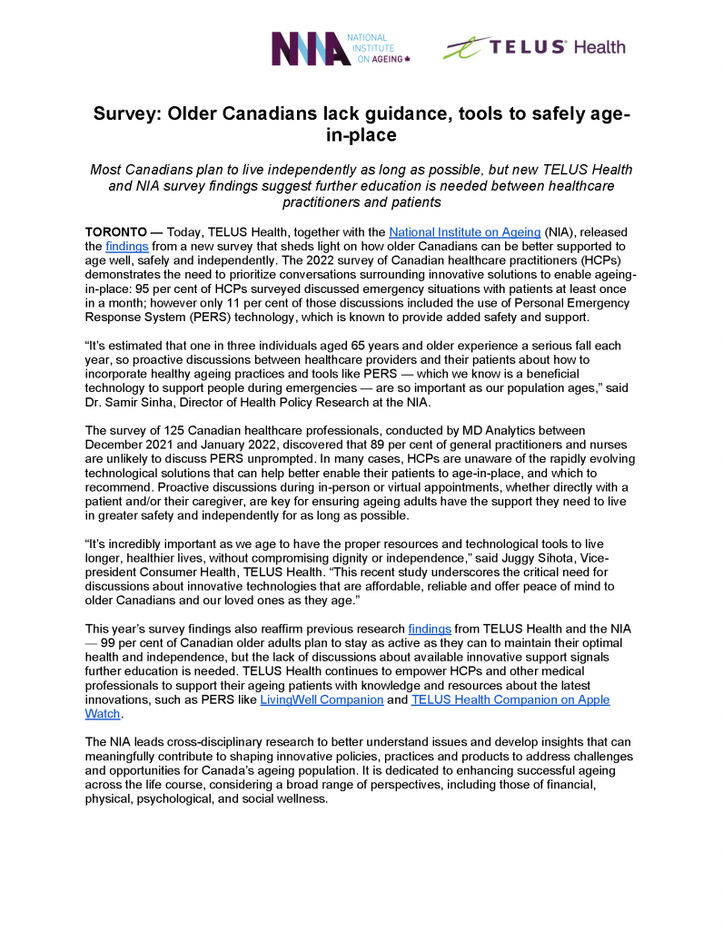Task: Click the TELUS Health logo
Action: (534, 47)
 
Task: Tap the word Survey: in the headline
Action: (130, 115)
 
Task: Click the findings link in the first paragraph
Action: (127, 246)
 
